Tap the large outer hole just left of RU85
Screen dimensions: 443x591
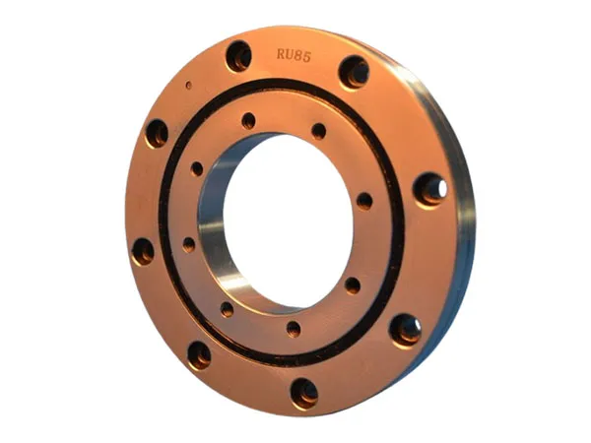click(x=239, y=56)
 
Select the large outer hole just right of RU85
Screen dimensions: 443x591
click(x=354, y=71)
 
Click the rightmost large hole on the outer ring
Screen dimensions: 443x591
click(x=430, y=188)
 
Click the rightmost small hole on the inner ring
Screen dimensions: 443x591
click(x=364, y=201)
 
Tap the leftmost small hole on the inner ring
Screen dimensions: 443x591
click(x=188, y=242)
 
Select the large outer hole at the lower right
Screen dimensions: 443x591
click(x=405, y=329)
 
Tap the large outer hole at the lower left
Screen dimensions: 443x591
click(x=199, y=354)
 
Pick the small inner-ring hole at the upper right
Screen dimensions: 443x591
click(x=318, y=130)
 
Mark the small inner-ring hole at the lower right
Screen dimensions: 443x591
click(x=352, y=285)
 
